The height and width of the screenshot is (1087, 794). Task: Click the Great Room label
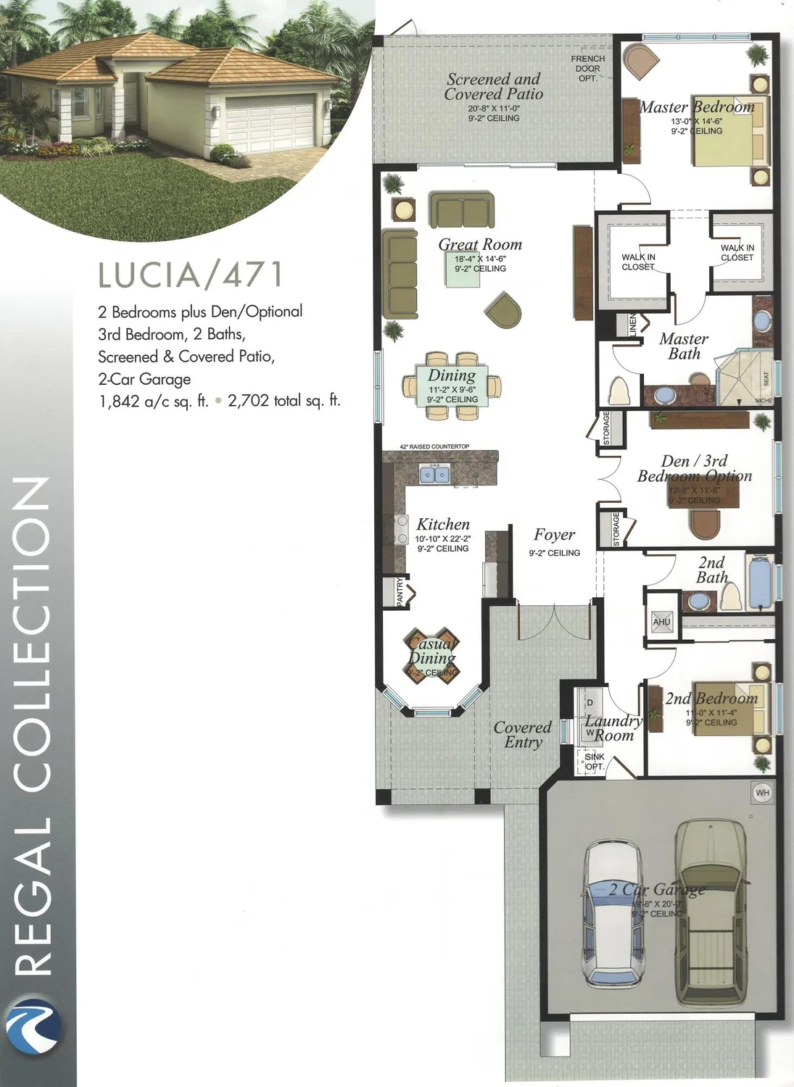(480, 245)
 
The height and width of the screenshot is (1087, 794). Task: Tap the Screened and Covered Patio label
(494, 87)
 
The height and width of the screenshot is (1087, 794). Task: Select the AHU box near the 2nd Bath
(661, 622)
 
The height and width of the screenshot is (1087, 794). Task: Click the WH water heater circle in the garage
(762, 793)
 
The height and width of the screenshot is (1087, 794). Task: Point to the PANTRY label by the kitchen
(400, 591)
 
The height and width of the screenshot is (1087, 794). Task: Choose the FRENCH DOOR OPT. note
(587, 68)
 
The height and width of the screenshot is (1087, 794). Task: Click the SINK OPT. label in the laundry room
(595, 762)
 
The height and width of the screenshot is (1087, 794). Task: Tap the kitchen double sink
(435, 475)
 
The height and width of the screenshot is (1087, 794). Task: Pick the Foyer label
(554, 535)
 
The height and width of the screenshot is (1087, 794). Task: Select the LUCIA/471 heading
(190, 274)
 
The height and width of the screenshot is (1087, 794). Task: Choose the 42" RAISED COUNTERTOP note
(434, 446)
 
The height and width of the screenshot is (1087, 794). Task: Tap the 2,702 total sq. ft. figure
(284, 401)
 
